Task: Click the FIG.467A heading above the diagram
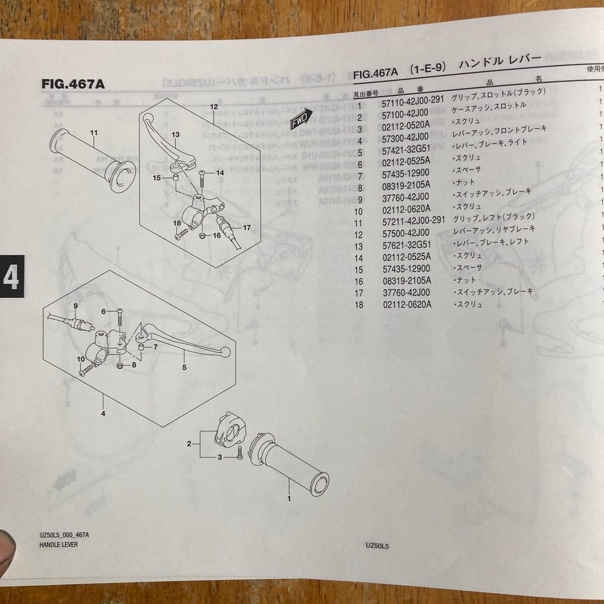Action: click(73, 84)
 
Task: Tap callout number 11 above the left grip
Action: click(93, 119)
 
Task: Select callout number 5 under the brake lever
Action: click(185, 367)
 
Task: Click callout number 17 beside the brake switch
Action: click(247, 228)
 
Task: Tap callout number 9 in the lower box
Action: click(75, 307)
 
